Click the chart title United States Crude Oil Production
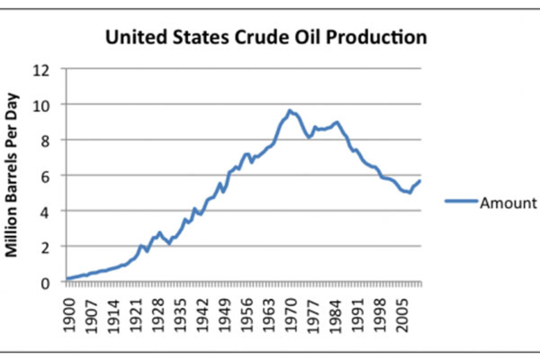click(266, 37)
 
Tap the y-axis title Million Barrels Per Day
click(12, 175)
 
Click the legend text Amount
click(508, 203)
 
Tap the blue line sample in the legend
click(461, 202)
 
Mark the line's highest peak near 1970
click(290, 110)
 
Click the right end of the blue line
click(420, 181)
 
